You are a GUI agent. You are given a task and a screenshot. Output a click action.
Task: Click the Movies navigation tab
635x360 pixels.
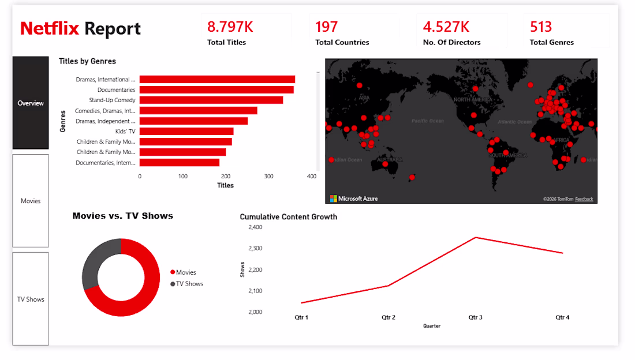[x=31, y=201]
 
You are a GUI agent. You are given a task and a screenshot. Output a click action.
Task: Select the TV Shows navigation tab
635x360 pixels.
[x=31, y=299]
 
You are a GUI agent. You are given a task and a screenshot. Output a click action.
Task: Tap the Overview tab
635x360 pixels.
[x=31, y=103]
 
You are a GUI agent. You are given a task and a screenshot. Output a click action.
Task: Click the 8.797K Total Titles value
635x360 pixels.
[x=230, y=27]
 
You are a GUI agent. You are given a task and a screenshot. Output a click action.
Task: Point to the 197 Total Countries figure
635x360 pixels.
[x=327, y=27]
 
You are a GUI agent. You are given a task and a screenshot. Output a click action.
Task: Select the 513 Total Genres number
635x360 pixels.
[x=541, y=27]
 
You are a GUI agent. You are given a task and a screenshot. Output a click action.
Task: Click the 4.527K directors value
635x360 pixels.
[x=446, y=27]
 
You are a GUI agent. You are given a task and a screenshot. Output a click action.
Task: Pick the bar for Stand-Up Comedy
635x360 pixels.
[x=211, y=100]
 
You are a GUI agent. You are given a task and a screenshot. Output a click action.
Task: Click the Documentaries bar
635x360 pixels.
[x=216, y=90]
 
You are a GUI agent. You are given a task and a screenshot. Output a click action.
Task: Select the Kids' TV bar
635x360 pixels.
[x=186, y=132]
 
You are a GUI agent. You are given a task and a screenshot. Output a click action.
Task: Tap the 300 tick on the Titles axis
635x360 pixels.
[x=268, y=177]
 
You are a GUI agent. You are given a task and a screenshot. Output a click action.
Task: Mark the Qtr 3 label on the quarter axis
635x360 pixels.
[x=475, y=317]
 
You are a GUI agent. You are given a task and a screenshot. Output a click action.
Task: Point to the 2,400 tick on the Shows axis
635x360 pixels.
[x=255, y=227]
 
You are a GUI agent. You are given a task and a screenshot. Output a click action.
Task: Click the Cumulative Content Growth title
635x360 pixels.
[x=289, y=217]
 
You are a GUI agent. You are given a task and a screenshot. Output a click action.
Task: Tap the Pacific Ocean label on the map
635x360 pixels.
[x=428, y=121]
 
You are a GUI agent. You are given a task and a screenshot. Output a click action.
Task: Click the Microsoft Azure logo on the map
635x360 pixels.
[x=353, y=198]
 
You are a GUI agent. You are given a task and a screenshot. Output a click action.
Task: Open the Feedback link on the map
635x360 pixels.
[x=584, y=199]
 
